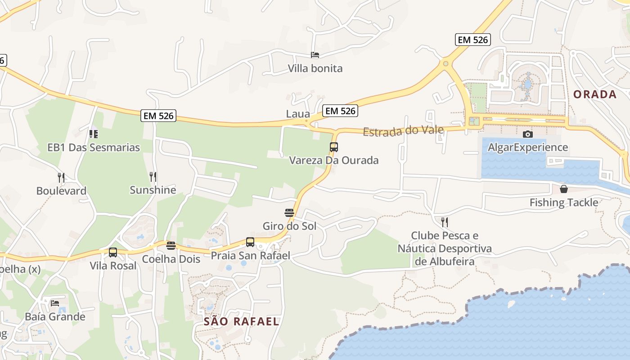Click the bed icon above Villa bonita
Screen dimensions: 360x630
(315, 55)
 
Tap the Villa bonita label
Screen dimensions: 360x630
(315, 68)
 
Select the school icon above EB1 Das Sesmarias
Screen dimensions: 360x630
(94, 134)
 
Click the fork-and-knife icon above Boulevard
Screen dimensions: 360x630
(61, 177)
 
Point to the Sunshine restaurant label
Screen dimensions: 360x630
(153, 190)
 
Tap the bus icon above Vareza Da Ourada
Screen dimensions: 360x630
(333, 147)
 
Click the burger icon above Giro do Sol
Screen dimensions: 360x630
(289, 212)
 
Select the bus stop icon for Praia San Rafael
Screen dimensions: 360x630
(250, 242)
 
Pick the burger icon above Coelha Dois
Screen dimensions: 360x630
(171, 245)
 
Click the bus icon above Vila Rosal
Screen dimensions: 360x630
(113, 252)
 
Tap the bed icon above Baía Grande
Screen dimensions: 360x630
(55, 303)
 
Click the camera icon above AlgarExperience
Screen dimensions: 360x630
(528, 134)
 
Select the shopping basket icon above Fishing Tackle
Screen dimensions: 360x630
(563, 189)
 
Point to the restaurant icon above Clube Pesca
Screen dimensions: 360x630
(445, 222)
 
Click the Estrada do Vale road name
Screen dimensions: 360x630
(403, 131)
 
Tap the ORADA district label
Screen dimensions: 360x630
(594, 94)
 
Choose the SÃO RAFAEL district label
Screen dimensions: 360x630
(241, 321)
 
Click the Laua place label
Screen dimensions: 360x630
(298, 114)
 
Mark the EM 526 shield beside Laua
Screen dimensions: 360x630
(340, 111)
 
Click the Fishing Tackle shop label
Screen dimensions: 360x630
(563, 202)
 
